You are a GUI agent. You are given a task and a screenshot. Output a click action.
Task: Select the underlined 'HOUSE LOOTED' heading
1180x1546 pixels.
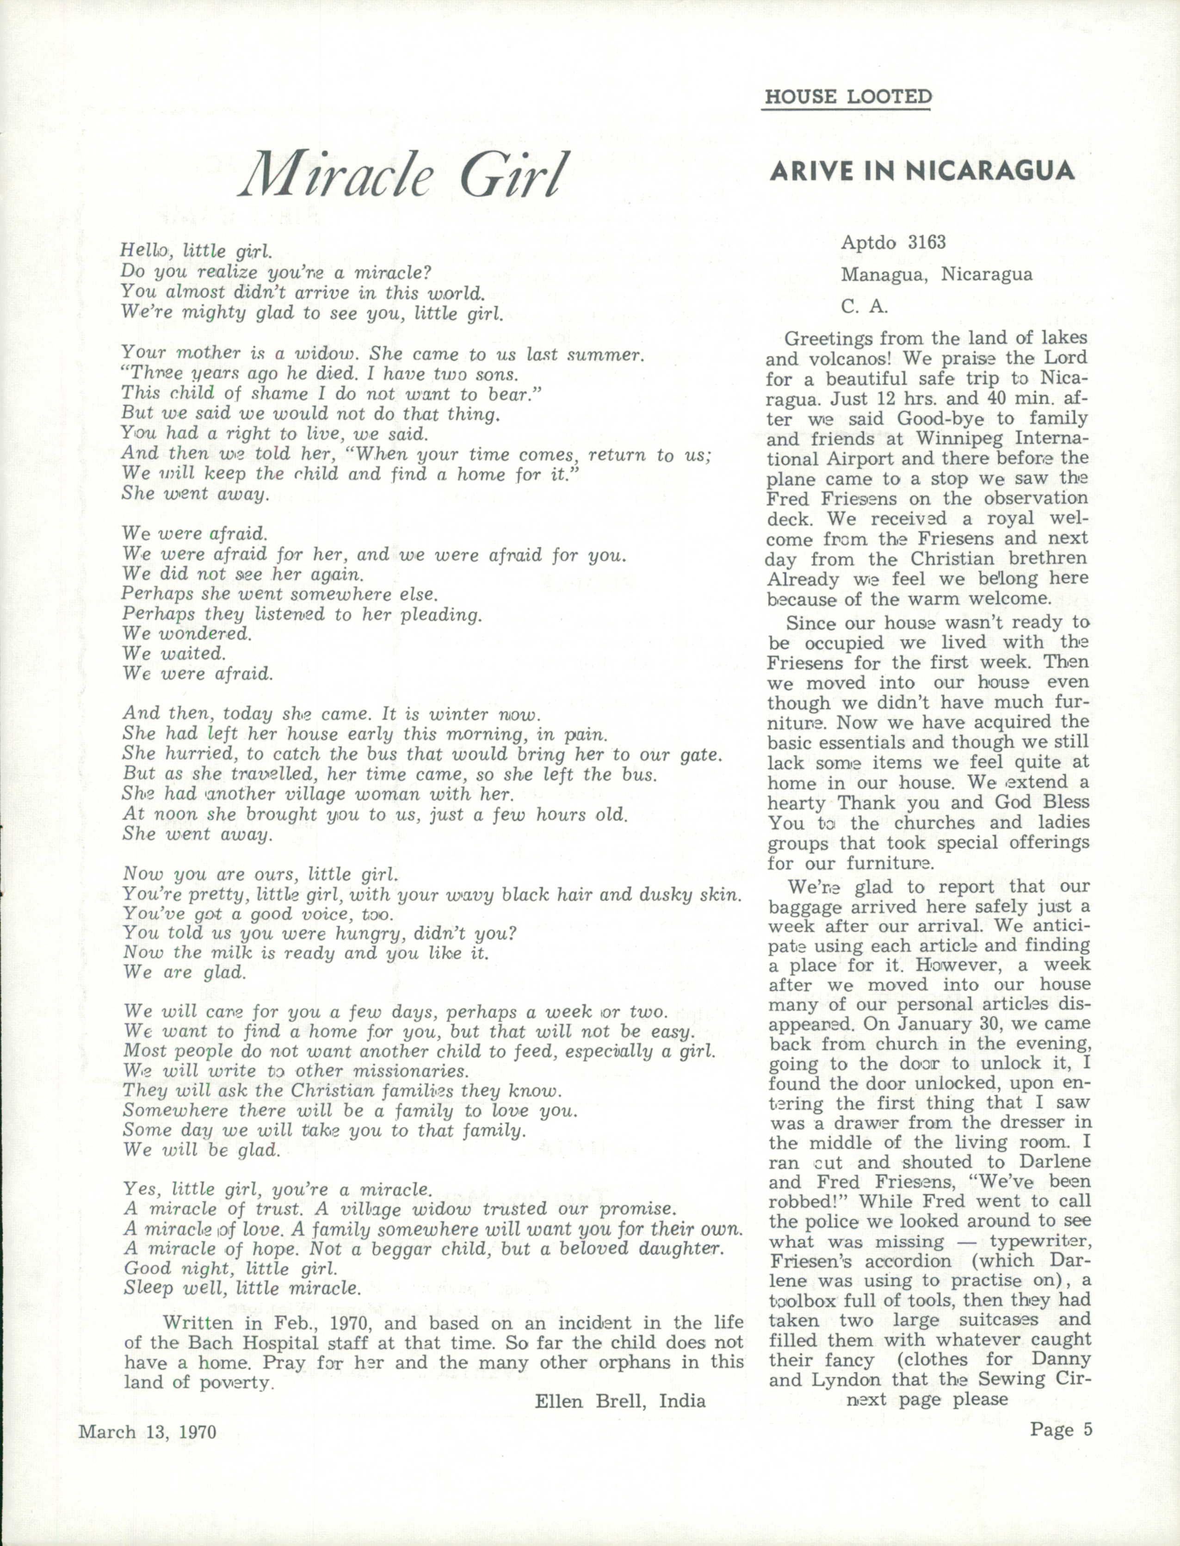(848, 97)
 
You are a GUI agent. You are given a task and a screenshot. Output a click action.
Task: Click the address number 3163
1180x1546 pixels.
(927, 242)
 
